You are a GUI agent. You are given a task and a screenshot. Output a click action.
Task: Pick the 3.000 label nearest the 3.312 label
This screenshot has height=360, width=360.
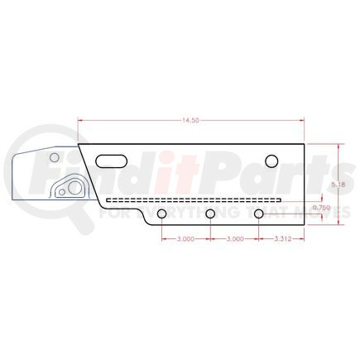click(235, 238)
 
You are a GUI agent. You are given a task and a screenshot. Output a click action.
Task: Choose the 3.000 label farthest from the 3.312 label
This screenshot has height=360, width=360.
click(186, 238)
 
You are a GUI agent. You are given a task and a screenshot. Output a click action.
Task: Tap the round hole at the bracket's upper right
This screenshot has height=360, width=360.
click(271, 161)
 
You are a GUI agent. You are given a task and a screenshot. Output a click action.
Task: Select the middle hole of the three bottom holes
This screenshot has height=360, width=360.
click(211, 215)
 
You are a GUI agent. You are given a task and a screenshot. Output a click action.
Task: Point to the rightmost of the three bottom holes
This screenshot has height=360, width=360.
click(260, 215)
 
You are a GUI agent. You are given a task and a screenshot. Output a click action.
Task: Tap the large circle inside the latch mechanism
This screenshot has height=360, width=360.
click(73, 189)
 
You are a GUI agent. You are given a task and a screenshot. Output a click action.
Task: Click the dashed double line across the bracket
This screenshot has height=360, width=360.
click(194, 200)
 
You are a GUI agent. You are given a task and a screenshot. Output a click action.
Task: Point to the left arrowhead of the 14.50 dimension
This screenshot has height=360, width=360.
click(80, 121)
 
